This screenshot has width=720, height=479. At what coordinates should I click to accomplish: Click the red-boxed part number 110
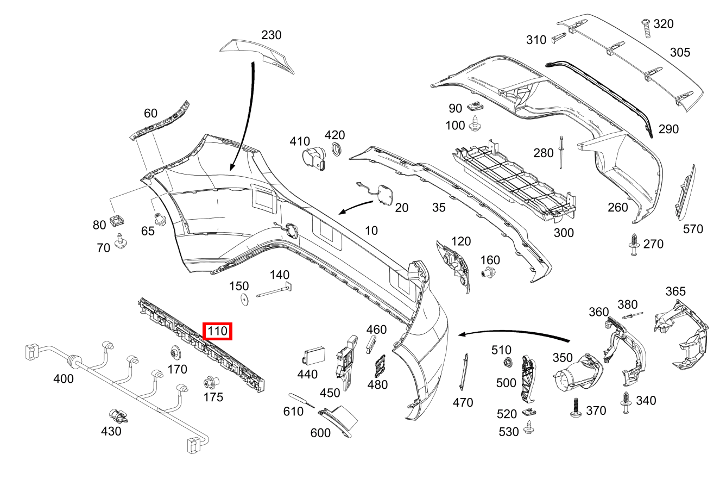pyautogui.click(x=217, y=331)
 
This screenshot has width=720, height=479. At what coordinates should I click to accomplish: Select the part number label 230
pyautogui.click(x=271, y=35)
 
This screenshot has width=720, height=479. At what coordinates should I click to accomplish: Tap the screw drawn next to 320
pyautogui.click(x=647, y=27)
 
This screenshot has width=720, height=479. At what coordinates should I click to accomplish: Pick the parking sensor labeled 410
pyautogui.click(x=314, y=158)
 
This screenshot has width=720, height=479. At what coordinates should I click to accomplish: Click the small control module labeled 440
pyautogui.click(x=315, y=356)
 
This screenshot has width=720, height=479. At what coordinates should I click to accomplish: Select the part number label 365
pyautogui.click(x=675, y=292)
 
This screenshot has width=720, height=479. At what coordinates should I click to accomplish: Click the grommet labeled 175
pyautogui.click(x=210, y=382)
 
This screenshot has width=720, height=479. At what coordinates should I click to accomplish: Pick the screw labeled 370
pyautogui.click(x=576, y=407)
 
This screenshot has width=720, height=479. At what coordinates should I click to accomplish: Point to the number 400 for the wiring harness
pyautogui.click(x=64, y=379)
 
